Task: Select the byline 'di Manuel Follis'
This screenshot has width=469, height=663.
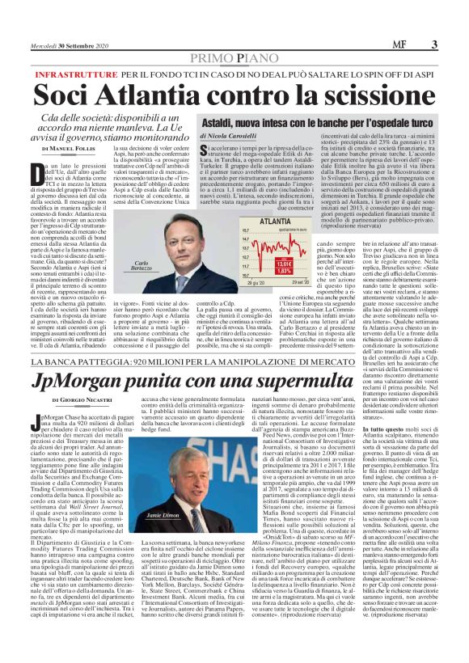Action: [73, 150]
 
